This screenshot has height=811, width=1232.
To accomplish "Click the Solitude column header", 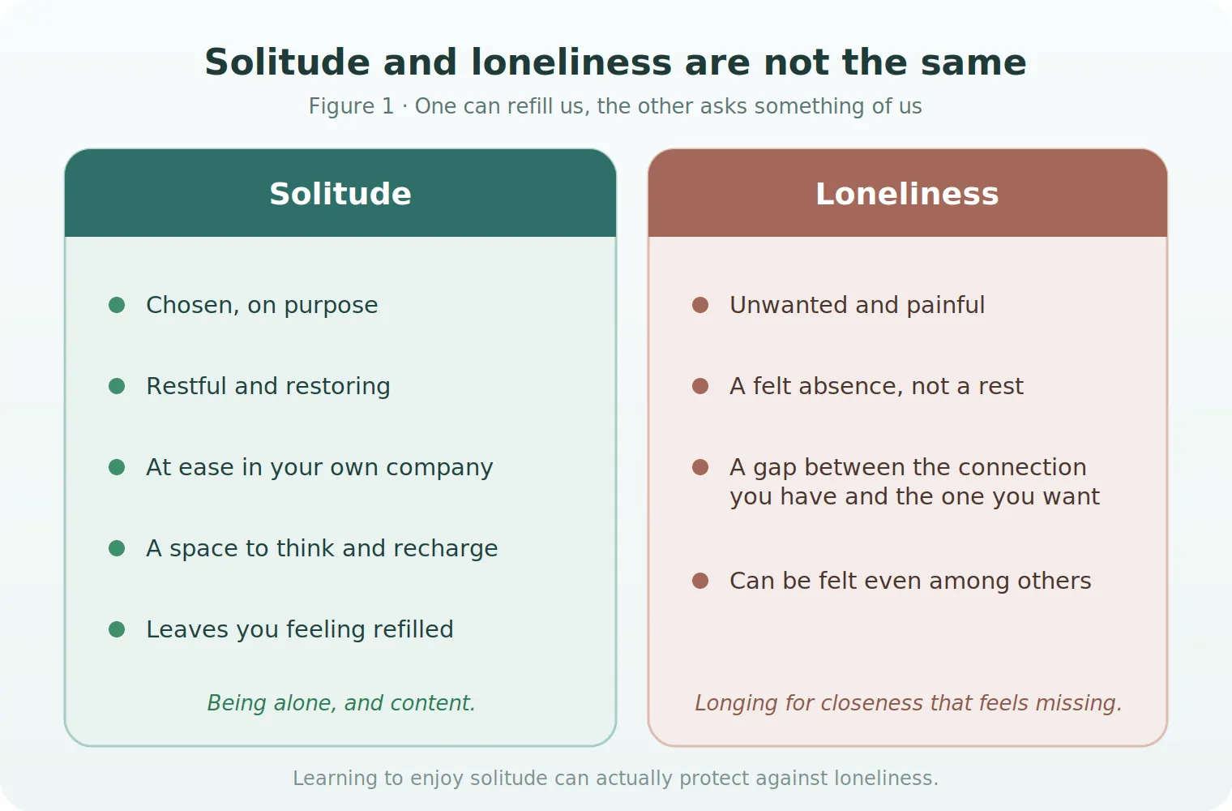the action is tap(340, 194).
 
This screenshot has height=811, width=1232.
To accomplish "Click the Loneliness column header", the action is tap(908, 194).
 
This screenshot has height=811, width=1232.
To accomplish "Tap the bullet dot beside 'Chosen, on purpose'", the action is tap(117, 305).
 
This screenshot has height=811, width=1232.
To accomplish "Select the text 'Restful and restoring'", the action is tap(268, 386).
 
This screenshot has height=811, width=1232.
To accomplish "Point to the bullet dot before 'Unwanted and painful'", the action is tap(700, 305).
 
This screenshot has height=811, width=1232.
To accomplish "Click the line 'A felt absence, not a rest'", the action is tap(877, 386).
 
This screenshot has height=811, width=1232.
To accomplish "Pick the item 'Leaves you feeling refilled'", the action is tap(300, 629).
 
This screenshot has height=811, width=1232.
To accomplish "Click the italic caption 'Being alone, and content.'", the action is tap(341, 703).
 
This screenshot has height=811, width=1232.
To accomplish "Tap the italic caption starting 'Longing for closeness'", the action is tap(908, 703).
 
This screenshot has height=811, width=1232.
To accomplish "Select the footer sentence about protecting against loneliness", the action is tap(615, 779).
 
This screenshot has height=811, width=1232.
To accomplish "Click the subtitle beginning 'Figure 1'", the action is tap(615, 106).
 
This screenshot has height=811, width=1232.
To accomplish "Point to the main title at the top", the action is tap(615, 62).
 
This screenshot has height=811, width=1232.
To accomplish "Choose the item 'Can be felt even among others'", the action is tap(910, 581).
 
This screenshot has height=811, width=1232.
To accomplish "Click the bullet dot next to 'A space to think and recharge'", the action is tap(117, 548).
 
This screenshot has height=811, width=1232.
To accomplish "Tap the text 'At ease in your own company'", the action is tap(319, 468).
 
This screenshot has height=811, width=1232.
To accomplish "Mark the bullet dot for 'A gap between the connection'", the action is tap(700, 467).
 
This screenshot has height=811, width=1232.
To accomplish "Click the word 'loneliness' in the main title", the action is tap(571, 62).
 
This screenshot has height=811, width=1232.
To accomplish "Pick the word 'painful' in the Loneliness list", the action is tap(945, 306).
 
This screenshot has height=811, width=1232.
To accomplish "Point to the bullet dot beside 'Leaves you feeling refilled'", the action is tap(117, 629).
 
